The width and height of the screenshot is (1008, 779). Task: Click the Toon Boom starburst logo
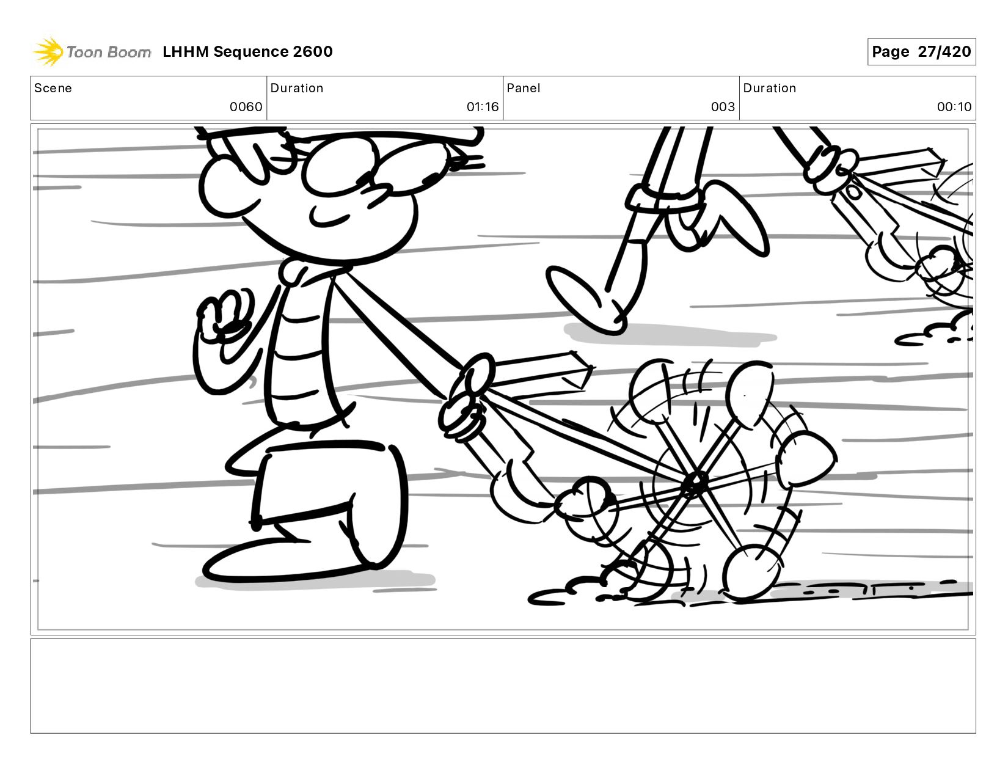click(x=48, y=51)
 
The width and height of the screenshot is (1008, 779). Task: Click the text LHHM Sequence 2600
click(x=247, y=51)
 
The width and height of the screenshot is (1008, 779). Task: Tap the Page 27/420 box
click(x=921, y=51)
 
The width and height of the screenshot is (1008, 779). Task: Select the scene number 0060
click(x=246, y=107)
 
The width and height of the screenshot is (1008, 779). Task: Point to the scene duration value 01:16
click(x=483, y=107)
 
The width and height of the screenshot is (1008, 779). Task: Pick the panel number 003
click(x=723, y=107)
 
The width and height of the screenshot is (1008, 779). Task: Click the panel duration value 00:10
click(x=954, y=107)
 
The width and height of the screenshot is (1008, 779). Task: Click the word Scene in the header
click(x=53, y=88)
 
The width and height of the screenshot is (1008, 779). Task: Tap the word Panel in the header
click(x=524, y=88)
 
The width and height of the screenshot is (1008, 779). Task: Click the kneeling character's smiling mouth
click(x=329, y=218)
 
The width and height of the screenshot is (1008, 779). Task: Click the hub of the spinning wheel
click(x=695, y=484)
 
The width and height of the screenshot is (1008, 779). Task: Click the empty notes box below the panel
click(x=503, y=686)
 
